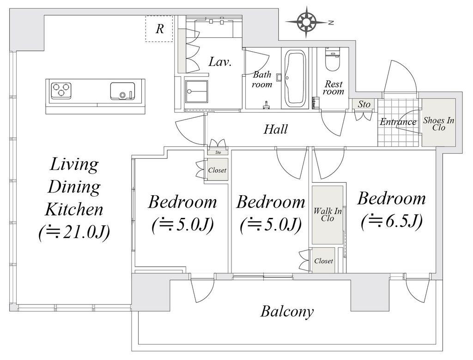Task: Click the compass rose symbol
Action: (x=307, y=22)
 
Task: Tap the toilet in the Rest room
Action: (x=333, y=59)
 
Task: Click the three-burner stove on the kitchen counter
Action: (x=61, y=90)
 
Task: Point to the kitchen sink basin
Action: (x=122, y=91)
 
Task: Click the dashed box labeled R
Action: (x=159, y=29)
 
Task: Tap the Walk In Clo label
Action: (x=327, y=214)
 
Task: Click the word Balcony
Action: (x=287, y=312)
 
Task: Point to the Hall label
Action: (x=275, y=129)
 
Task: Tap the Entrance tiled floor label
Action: (x=398, y=122)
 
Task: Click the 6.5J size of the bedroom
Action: (x=391, y=222)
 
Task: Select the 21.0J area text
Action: (x=74, y=233)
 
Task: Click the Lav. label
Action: (x=220, y=62)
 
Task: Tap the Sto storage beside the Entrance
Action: (x=364, y=104)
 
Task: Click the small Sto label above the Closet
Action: (x=218, y=152)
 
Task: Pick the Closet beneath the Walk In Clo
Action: (x=323, y=260)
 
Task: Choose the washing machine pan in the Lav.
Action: (x=196, y=92)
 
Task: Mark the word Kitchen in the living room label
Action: (x=74, y=210)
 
